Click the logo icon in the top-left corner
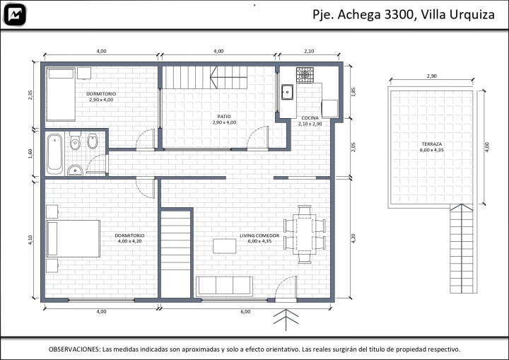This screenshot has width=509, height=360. [x=14, y=15]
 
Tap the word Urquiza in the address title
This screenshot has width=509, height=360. [x=474, y=15]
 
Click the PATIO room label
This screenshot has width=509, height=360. [x=224, y=117]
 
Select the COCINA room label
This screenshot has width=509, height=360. [x=310, y=118]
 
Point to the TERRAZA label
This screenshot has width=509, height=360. [x=432, y=144]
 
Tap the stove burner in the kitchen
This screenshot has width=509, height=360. [x=305, y=75]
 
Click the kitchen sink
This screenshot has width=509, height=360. [x=287, y=92]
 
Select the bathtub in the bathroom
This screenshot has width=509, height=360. [x=55, y=154]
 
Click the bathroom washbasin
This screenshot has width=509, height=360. [x=76, y=170]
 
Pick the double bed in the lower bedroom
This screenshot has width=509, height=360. [x=73, y=238]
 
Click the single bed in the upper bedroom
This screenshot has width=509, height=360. [x=61, y=94]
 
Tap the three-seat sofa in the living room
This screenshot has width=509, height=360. [x=224, y=286]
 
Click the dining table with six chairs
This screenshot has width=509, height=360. [x=305, y=234]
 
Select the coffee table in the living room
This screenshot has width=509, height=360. [x=225, y=246]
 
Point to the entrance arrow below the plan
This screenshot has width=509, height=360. [x=286, y=320]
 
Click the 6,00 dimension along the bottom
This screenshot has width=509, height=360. [x=245, y=312]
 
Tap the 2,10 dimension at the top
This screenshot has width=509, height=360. [x=309, y=51]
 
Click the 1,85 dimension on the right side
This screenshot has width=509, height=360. [x=354, y=92]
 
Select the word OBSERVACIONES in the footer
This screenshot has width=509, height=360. [x=74, y=349]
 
